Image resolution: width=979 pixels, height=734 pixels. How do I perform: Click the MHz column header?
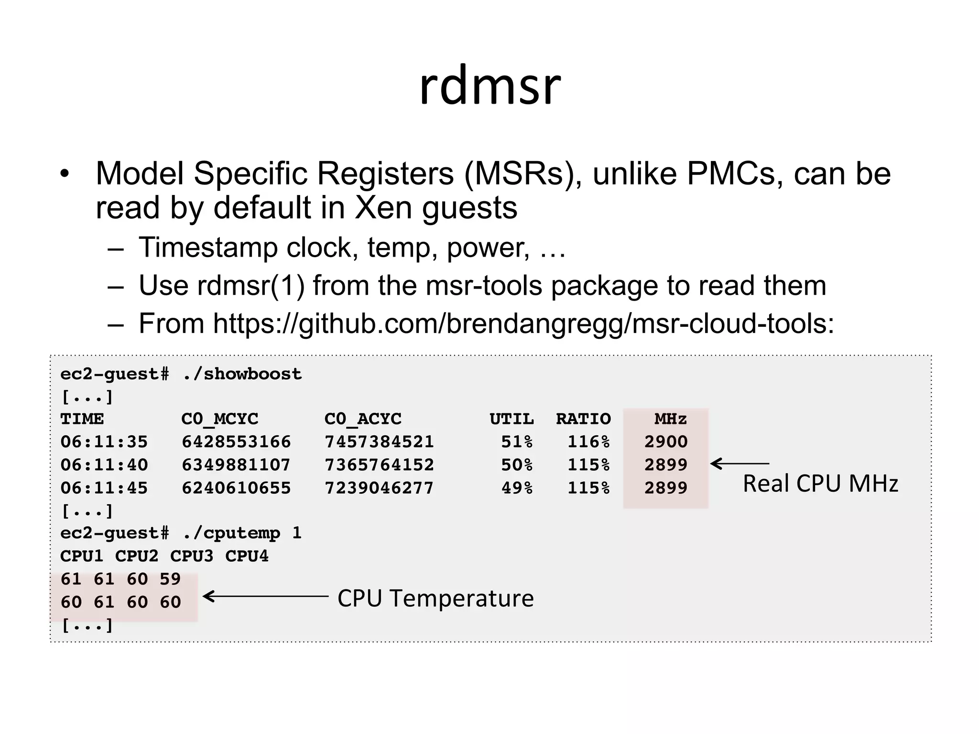coord(670,419)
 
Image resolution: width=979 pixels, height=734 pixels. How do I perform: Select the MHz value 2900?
coord(665,442)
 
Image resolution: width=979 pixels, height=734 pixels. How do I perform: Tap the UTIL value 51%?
coord(517,442)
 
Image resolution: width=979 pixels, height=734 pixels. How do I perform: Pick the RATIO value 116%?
coord(588,442)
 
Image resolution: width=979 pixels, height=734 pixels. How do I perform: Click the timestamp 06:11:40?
coord(104,464)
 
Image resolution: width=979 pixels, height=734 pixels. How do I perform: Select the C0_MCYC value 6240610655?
coord(236,488)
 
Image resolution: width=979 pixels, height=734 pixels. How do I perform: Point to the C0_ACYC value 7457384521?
coord(379,442)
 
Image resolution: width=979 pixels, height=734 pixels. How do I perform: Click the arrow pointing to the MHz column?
coord(740,464)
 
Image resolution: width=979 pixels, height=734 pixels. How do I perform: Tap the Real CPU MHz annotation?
coord(820,484)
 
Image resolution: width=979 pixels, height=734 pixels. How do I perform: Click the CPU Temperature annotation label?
coord(435,598)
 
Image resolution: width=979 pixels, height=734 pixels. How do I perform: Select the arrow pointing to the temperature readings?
coord(266,596)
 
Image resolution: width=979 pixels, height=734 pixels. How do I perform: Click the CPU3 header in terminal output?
coord(192,556)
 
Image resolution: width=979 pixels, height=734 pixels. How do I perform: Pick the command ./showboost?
coord(242,374)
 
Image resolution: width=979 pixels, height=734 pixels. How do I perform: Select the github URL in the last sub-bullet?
coord(523,324)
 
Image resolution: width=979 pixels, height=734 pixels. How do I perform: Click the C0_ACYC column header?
coord(363,419)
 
